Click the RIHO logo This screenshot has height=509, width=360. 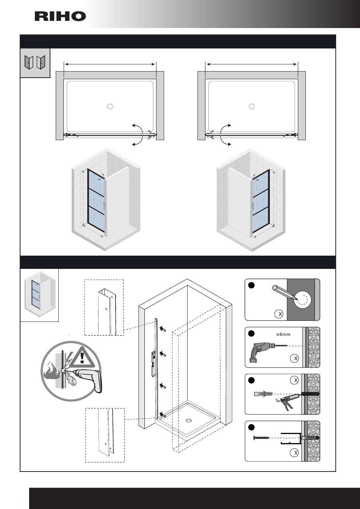(x=60, y=16)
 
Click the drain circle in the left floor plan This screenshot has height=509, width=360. (x=110, y=106)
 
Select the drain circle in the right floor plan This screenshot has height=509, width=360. (x=252, y=106)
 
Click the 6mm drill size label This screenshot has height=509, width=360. (x=284, y=334)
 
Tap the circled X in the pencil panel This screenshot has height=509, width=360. (x=279, y=314)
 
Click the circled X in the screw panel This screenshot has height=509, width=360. (x=295, y=453)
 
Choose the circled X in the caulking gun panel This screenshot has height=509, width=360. (x=295, y=380)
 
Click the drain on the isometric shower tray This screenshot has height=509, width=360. (x=189, y=420)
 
